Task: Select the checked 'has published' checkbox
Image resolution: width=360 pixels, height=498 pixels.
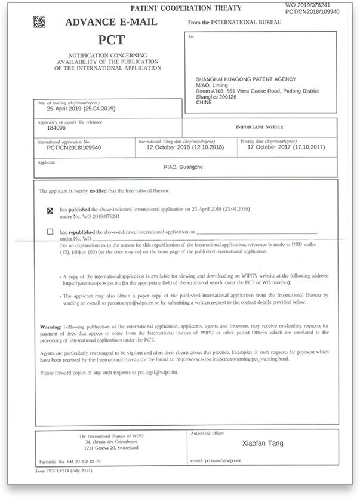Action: (x=50, y=211)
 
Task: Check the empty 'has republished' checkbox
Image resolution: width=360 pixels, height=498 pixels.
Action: (x=50, y=230)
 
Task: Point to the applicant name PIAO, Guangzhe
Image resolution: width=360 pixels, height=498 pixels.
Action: (x=183, y=167)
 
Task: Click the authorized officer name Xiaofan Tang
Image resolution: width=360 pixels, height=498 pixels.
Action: (x=263, y=444)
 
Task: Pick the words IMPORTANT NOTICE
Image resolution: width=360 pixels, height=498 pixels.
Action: (x=259, y=128)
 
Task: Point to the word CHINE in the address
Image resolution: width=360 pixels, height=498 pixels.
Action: (x=204, y=102)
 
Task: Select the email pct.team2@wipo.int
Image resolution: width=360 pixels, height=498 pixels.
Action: (x=229, y=462)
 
